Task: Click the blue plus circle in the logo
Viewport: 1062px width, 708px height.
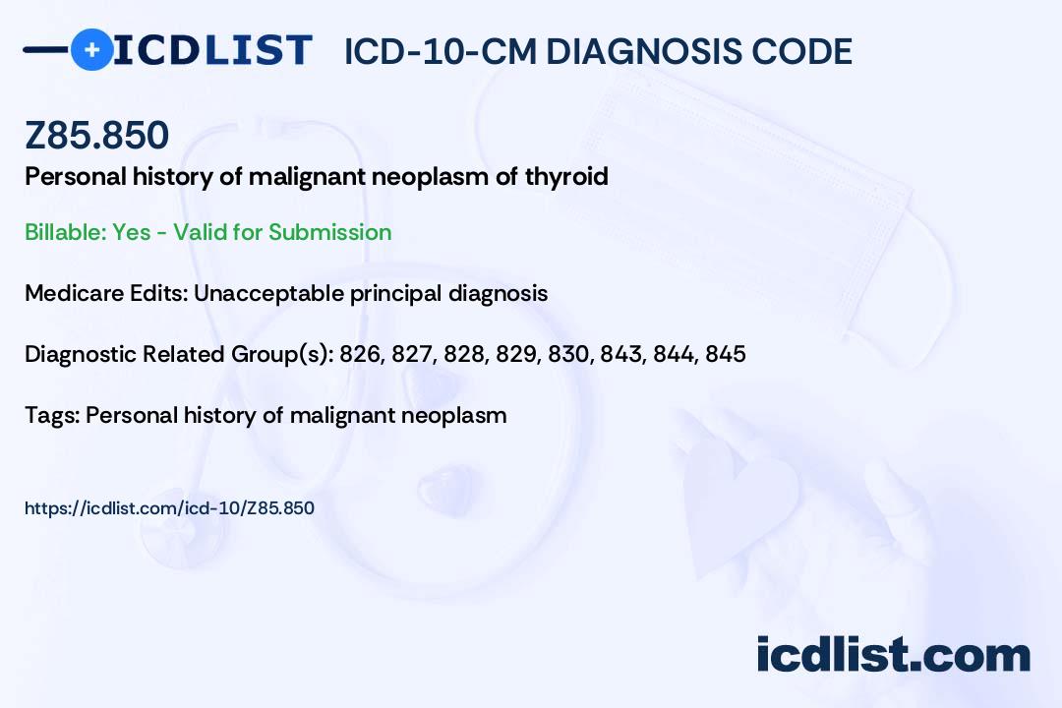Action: [91, 49]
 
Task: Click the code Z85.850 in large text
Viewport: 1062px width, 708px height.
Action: [96, 135]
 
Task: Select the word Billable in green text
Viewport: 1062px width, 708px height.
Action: [65, 232]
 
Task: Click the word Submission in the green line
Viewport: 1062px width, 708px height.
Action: [329, 232]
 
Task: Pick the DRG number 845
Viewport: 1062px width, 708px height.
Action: [726, 354]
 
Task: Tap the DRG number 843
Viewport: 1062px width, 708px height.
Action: [621, 354]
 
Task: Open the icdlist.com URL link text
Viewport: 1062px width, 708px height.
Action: [169, 508]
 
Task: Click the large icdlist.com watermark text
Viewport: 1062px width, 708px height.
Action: [893, 655]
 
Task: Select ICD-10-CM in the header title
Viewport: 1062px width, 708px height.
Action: [441, 51]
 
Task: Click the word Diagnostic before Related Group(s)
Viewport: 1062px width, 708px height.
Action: [80, 354]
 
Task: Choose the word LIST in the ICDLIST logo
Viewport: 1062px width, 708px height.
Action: [258, 50]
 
